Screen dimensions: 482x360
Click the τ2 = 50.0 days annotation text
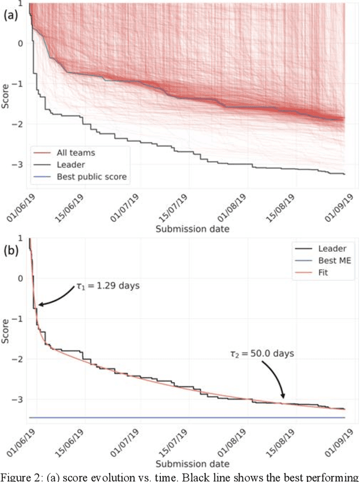click(x=269, y=355)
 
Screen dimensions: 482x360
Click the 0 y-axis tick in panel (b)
click(x=21, y=278)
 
